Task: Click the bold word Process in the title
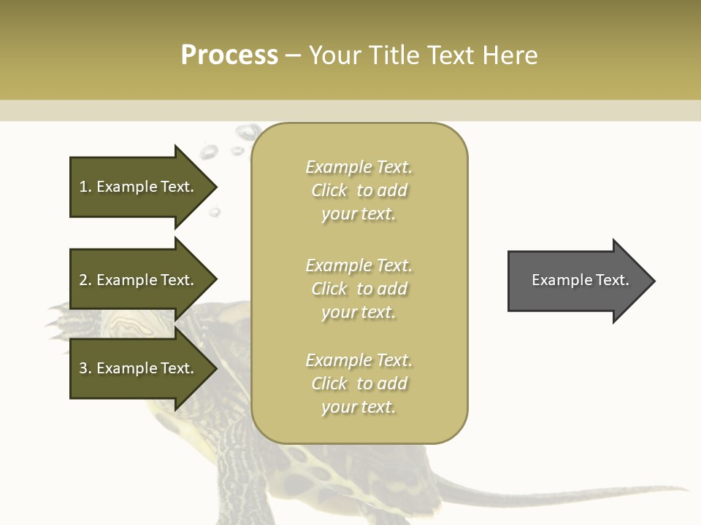pyautogui.click(x=229, y=55)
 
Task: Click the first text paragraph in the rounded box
pyautogui.click(x=359, y=190)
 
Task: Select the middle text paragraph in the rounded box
pyautogui.click(x=359, y=289)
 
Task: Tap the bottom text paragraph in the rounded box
pyautogui.click(x=359, y=384)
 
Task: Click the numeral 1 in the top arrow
pyautogui.click(x=83, y=187)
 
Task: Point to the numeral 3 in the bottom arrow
pyautogui.click(x=83, y=368)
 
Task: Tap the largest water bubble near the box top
pyautogui.click(x=248, y=132)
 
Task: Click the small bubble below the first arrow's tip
pyautogui.click(x=215, y=212)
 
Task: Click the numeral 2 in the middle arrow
pyautogui.click(x=83, y=280)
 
